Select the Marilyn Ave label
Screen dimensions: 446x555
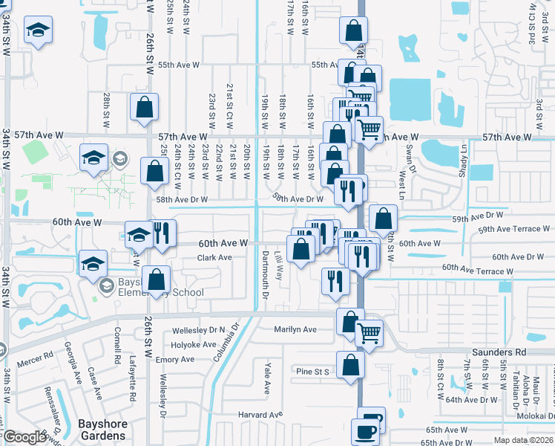pos(295,329)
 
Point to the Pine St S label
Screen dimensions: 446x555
pos(312,371)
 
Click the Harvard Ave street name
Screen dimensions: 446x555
pos(260,414)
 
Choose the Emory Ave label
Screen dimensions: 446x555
pos(175,360)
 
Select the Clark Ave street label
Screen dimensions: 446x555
pos(214,258)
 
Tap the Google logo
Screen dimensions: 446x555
pos(24,437)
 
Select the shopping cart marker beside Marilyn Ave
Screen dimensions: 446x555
pos(369,334)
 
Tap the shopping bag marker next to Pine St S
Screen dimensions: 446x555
pos(350,366)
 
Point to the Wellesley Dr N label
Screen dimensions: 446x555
pos(198,329)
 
